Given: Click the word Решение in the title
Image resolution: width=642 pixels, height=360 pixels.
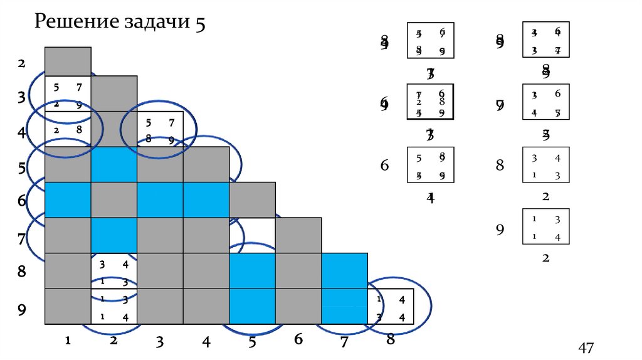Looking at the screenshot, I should (x=75, y=23).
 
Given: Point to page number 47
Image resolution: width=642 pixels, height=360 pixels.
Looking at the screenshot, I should (x=586, y=347).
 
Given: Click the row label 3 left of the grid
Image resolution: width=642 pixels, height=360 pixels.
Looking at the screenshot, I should (x=21, y=97).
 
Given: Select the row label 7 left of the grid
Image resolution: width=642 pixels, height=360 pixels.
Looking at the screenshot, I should (x=21, y=239).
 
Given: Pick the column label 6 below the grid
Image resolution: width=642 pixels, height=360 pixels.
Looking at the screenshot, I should (x=298, y=339).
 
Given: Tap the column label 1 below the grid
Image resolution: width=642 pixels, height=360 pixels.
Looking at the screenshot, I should (x=67, y=341).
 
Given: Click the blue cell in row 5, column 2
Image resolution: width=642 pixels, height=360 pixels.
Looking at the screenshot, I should (x=114, y=164).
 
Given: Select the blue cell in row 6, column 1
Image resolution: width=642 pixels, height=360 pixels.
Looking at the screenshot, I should (x=68, y=199).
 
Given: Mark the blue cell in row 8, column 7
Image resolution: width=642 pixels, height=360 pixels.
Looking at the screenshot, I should (x=344, y=270).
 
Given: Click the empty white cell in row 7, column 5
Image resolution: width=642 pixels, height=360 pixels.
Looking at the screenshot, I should (x=252, y=235).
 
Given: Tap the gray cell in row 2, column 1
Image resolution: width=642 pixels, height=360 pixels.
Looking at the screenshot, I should (x=68, y=61).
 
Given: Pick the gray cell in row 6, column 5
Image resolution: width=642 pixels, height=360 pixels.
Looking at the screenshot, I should (x=252, y=199).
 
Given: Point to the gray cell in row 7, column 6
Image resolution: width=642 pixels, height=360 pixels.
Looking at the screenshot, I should (x=298, y=235).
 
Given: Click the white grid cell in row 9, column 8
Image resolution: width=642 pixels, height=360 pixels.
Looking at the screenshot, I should (x=391, y=306).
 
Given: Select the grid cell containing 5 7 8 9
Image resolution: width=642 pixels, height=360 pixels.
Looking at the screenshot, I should (x=160, y=129).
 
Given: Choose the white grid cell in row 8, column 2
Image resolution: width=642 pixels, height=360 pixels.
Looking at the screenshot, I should (x=114, y=270).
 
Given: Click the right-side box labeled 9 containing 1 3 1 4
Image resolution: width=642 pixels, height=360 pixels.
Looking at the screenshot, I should (x=545, y=226).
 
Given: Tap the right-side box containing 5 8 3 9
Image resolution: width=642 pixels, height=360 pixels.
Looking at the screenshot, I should (x=430, y=165).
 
